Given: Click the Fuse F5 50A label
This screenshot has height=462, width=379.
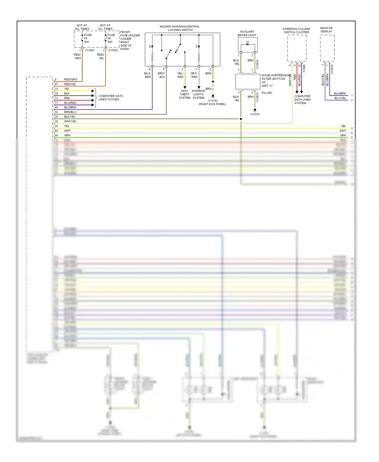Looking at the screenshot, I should click(87, 38).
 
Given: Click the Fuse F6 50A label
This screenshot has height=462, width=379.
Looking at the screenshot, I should click(111, 38).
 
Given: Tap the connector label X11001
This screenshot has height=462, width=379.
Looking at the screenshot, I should click(90, 50).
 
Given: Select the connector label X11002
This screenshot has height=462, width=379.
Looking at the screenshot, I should click(113, 50).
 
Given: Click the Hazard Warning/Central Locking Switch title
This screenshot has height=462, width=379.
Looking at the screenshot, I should click(180, 28).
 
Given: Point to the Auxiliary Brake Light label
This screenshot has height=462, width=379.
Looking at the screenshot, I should click(247, 33).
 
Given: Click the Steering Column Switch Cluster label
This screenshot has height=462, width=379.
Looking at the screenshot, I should click(296, 31).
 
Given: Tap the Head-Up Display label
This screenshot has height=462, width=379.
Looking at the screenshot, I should click(326, 30).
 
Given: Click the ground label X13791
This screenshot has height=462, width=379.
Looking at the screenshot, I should click(255, 114).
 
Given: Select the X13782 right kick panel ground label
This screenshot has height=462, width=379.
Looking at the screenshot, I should click(212, 102).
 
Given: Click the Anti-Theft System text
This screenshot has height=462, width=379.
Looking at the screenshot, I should click(184, 94).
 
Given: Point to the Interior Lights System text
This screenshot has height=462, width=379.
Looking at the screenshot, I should click(198, 94).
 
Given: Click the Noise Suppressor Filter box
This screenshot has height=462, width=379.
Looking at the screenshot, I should click(248, 81).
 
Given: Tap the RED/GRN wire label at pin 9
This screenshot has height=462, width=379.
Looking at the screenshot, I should click(70, 79).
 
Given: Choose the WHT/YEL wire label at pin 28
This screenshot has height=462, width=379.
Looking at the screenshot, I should click(70, 121).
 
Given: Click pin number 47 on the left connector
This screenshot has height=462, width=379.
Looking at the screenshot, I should click(56, 84).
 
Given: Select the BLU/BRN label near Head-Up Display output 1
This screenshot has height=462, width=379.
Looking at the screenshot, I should click(340, 94).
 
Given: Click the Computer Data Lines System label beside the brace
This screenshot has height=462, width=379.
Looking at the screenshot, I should click(110, 98).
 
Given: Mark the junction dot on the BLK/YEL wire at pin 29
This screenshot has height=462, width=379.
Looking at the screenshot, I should click(241, 119).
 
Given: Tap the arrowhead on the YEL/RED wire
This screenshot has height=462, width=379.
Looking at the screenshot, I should click(185, 87).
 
